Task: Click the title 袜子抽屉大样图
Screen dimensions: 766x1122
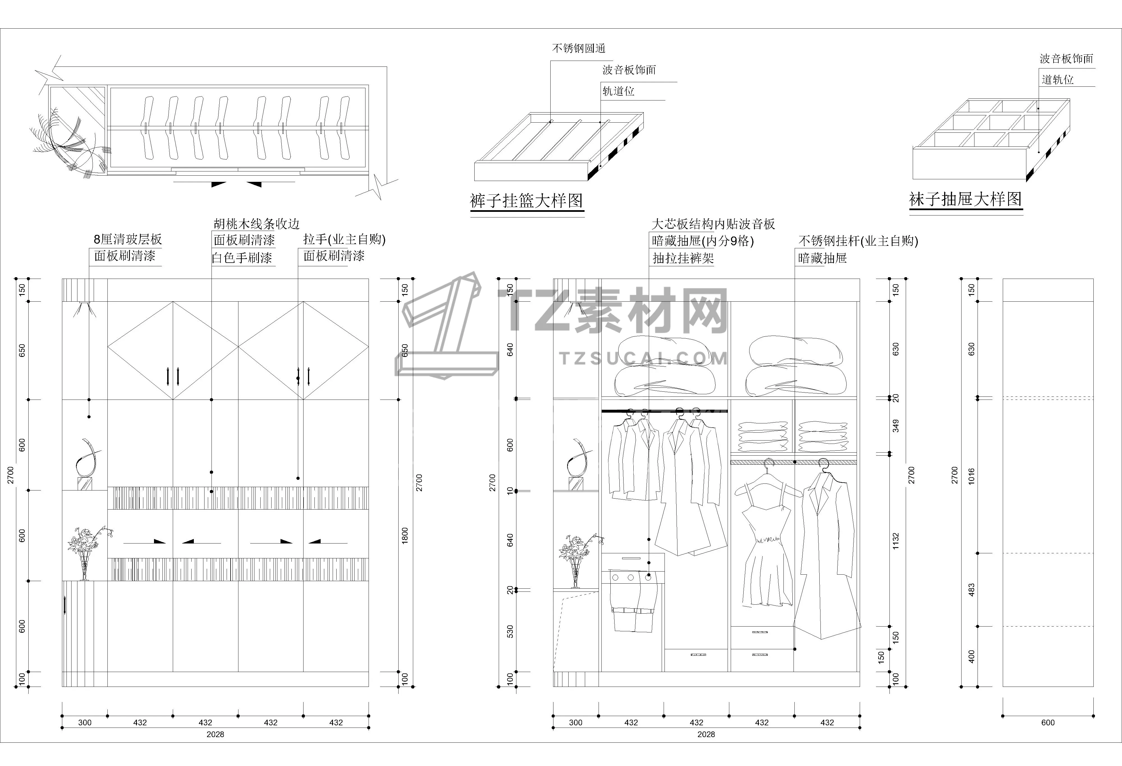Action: click(x=965, y=199)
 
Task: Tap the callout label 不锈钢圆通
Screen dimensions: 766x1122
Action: click(x=578, y=48)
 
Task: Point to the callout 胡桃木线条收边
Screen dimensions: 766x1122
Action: click(x=256, y=224)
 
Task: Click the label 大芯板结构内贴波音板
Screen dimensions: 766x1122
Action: click(x=713, y=224)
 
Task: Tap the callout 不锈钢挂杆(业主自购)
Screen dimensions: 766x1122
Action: click(x=858, y=241)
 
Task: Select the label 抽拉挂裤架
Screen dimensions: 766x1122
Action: click(x=683, y=258)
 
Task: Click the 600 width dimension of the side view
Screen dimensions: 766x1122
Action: click(x=1048, y=723)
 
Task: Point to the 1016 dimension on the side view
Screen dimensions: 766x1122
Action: click(x=971, y=476)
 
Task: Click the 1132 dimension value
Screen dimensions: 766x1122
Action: click(x=896, y=541)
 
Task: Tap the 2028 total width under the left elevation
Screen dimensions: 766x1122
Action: click(x=215, y=734)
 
